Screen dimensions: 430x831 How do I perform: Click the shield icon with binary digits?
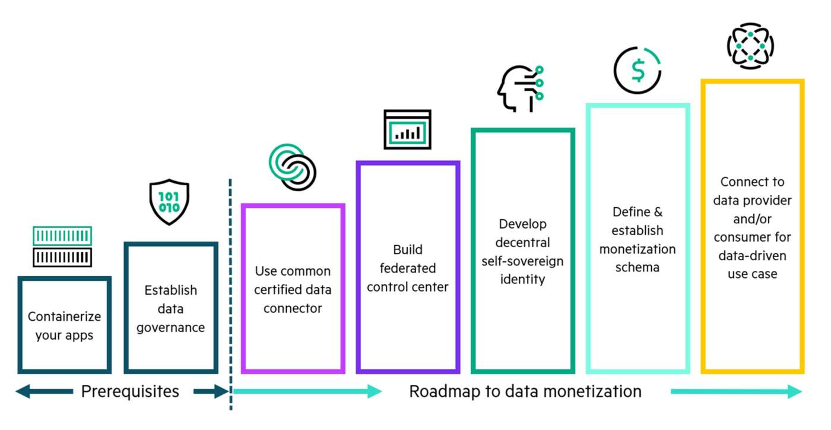169,202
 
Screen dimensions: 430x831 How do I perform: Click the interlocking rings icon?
292,167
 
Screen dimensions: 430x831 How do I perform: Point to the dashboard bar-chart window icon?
407,129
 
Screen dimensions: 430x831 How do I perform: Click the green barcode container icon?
62,236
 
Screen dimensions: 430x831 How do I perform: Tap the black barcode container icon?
62,257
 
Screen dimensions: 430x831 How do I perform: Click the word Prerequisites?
129,391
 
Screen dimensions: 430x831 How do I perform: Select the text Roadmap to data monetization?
525,391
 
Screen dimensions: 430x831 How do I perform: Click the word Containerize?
64,317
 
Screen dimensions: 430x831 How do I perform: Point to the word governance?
170,327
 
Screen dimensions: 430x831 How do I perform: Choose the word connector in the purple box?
293,308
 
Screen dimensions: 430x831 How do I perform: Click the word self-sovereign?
522,261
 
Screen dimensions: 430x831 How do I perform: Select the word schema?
637,267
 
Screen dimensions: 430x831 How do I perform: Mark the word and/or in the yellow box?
752,218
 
